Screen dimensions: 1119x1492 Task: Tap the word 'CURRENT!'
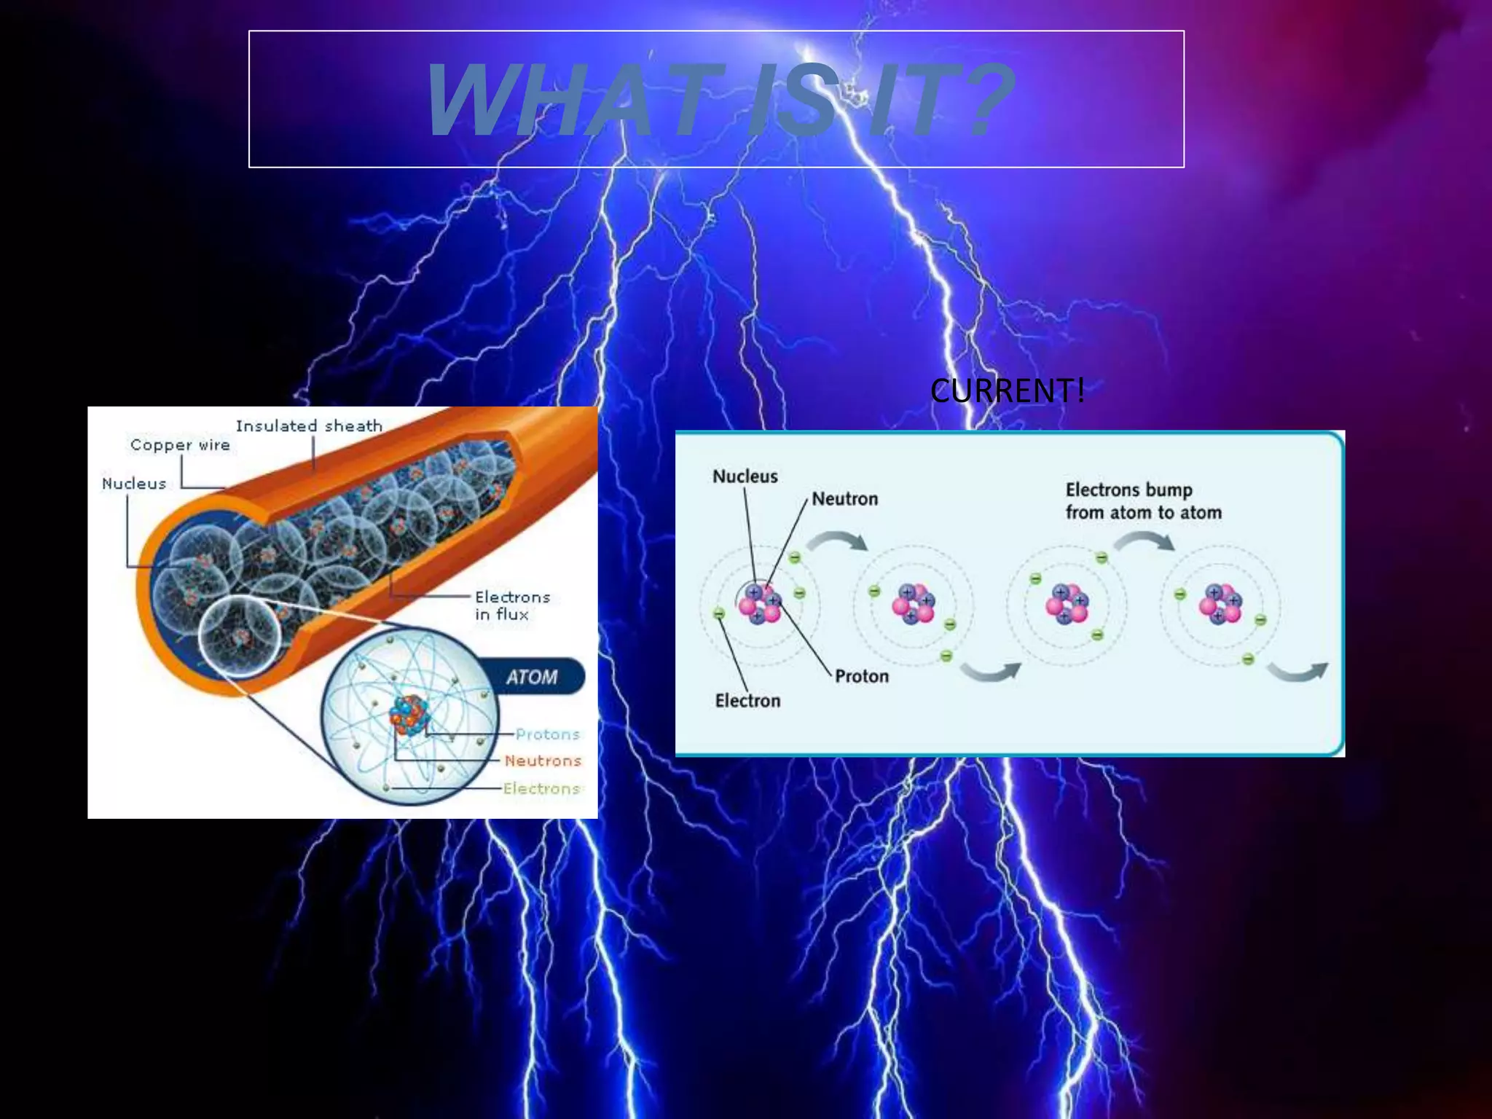pyautogui.click(x=1007, y=391)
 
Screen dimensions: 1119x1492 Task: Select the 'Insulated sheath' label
pyautogui.click(x=309, y=426)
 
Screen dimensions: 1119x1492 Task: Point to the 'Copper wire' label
pyautogui.click(x=180, y=445)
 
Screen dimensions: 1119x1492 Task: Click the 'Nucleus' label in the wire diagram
pyautogui.click(x=134, y=484)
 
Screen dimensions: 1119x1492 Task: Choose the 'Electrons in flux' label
pyautogui.click(x=511, y=605)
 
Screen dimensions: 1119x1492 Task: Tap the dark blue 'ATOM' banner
pyautogui.click(x=532, y=678)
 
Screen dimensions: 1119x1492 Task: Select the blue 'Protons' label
pyautogui.click(x=547, y=734)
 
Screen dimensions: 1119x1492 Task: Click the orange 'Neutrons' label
pyautogui.click(x=543, y=761)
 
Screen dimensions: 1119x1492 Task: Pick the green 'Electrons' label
pyautogui.click(x=541, y=788)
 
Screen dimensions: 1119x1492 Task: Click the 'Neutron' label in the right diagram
pyautogui.click(x=844, y=499)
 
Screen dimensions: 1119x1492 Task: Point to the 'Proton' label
pyautogui.click(x=861, y=676)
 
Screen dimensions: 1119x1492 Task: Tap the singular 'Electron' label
pyautogui.click(x=747, y=701)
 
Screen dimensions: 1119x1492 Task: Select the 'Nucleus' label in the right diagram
pyautogui.click(x=745, y=476)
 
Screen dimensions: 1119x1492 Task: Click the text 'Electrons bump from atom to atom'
pyautogui.click(x=1143, y=501)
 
